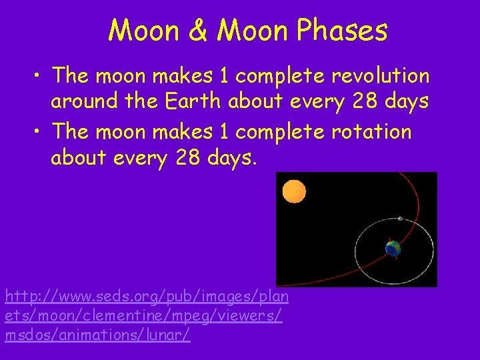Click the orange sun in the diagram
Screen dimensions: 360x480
pyautogui.click(x=293, y=192)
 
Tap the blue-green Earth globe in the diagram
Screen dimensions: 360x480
pyautogui.click(x=393, y=249)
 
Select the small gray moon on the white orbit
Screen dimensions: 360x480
pyautogui.click(x=400, y=219)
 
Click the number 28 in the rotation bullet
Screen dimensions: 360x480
pyautogui.click(x=193, y=159)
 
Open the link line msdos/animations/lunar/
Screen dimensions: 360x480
pyautogui.click(x=97, y=335)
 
